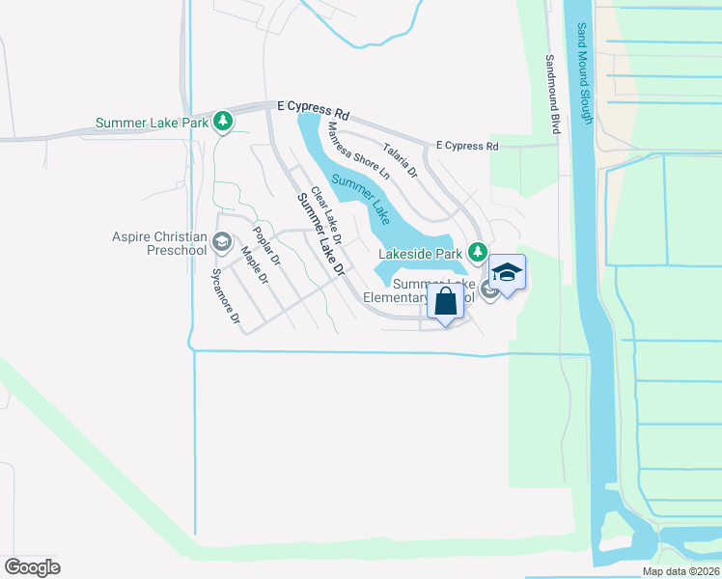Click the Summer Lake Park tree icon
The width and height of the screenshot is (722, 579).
[224, 122]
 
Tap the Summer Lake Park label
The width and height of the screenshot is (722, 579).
[153, 123]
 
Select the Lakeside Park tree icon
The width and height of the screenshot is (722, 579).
[477, 253]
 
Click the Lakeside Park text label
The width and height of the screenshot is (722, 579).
[420, 254]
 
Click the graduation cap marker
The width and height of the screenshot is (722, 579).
[507, 273]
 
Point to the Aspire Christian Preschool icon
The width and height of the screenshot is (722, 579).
[222, 241]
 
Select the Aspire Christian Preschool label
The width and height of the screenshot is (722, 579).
[159, 242]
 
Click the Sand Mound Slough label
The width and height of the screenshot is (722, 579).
[585, 73]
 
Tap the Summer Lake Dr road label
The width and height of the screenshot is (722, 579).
[320, 235]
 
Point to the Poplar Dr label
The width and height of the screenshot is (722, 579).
[265, 246]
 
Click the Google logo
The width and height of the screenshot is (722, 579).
[32, 566]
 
